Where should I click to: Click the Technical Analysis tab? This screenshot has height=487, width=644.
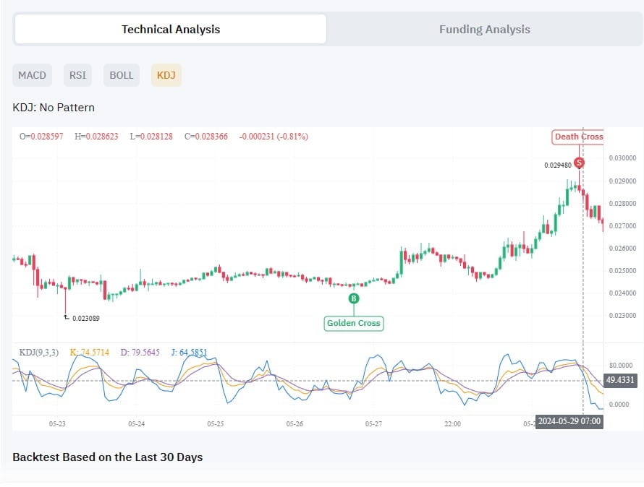(x=171, y=30)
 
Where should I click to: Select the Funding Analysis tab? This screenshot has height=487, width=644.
(x=484, y=30)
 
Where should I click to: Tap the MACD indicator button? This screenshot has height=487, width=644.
(x=32, y=75)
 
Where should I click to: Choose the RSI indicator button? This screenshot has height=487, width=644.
(x=77, y=75)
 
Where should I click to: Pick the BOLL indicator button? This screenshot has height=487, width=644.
(x=122, y=75)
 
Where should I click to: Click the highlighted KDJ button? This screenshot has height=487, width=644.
(x=166, y=75)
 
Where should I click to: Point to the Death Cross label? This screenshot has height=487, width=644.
(x=578, y=137)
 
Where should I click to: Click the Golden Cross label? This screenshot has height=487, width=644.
(x=353, y=323)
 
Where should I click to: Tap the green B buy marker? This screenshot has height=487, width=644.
(x=354, y=298)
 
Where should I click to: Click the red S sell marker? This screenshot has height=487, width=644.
(x=578, y=163)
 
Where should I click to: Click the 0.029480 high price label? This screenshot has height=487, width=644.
(x=558, y=165)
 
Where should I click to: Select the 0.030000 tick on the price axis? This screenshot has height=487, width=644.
(x=622, y=158)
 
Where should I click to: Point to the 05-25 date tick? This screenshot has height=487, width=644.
(x=215, y=424)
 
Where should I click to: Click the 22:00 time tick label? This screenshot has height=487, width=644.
(x=452, y=424)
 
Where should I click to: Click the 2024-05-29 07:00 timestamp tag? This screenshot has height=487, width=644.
(x=569, y=421)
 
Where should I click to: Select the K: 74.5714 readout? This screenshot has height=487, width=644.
(x=89, y=353)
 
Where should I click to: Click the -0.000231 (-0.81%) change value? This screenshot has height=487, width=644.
(x=274, y=137)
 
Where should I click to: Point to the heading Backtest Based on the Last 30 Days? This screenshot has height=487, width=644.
(x=108, y=457)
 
